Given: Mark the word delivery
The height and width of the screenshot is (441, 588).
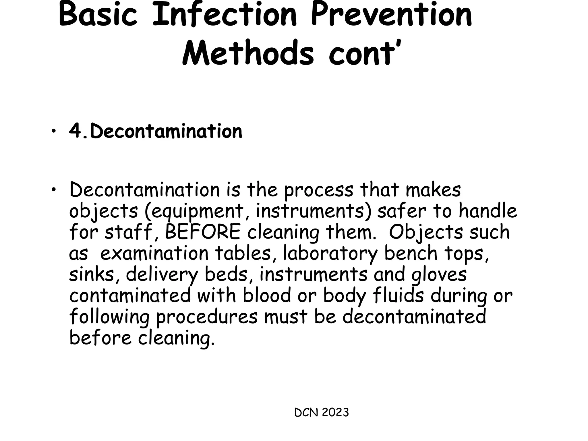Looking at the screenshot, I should tap(162, 275).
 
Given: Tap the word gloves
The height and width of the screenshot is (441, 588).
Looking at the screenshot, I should tap(439, 274).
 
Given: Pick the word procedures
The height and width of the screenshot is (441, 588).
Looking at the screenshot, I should tap(207, 317).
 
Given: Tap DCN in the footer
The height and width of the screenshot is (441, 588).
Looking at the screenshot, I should tap(306, 413).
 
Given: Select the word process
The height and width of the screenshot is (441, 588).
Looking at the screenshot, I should tap(319, 190).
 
